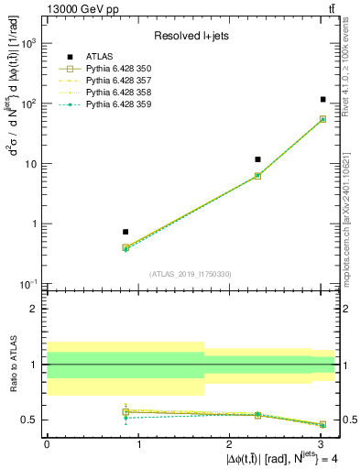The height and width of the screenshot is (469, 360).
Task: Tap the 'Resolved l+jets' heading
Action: [191, 36]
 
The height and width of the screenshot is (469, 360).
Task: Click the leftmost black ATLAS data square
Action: [125, 232]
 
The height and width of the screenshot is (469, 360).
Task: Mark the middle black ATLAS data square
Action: [258, 159]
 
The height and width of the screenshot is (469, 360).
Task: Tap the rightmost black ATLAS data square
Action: [323, 99]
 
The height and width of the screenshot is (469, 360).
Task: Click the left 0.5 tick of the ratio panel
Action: [34, 420]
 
